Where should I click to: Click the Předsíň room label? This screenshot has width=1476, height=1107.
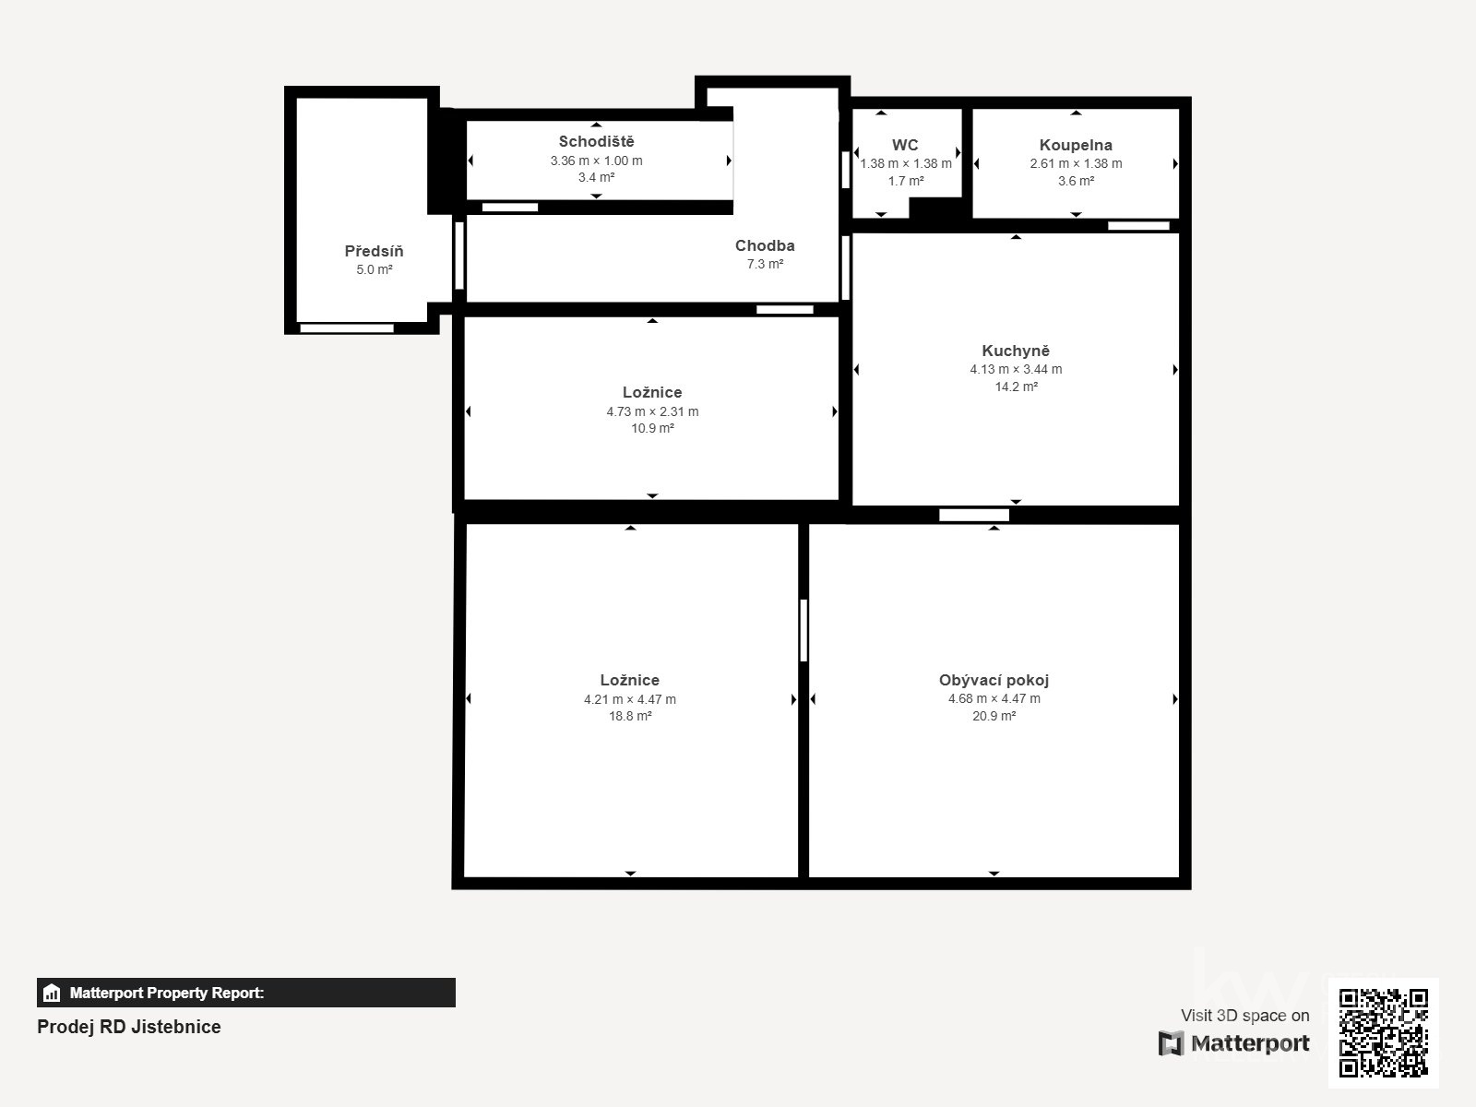(374, 251)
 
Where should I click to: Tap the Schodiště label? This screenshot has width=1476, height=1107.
(597, 141)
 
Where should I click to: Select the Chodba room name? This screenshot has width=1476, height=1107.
(765, 245)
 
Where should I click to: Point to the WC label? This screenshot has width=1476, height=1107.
(905, 145)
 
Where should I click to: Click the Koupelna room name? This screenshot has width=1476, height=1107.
(1076, 145)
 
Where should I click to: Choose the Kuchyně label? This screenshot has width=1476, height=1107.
(1016, 351)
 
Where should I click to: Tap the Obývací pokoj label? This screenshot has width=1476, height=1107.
(994, 680)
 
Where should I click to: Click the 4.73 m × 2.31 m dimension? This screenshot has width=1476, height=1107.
(652, 411)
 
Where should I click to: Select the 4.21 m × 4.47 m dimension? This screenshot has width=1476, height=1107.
(630, 699)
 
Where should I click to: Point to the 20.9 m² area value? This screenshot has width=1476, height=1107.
(994, 716)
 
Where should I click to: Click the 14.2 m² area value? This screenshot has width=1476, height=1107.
(1016, 387)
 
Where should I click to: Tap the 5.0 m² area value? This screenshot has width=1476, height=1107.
(374, 269)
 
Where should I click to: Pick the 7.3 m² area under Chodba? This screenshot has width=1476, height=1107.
(765, 264)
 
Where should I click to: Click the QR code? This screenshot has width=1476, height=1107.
(1383, 1033)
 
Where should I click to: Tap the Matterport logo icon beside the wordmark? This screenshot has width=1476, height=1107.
(1171, 1043)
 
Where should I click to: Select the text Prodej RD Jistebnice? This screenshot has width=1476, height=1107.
(128, 1027)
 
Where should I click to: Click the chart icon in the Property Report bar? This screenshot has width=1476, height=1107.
(51, 993)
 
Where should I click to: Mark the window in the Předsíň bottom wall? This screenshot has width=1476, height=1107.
(346, 328)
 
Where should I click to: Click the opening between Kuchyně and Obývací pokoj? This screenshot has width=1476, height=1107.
(973, 515)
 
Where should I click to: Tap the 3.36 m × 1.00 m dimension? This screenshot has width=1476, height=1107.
(597, 161)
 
